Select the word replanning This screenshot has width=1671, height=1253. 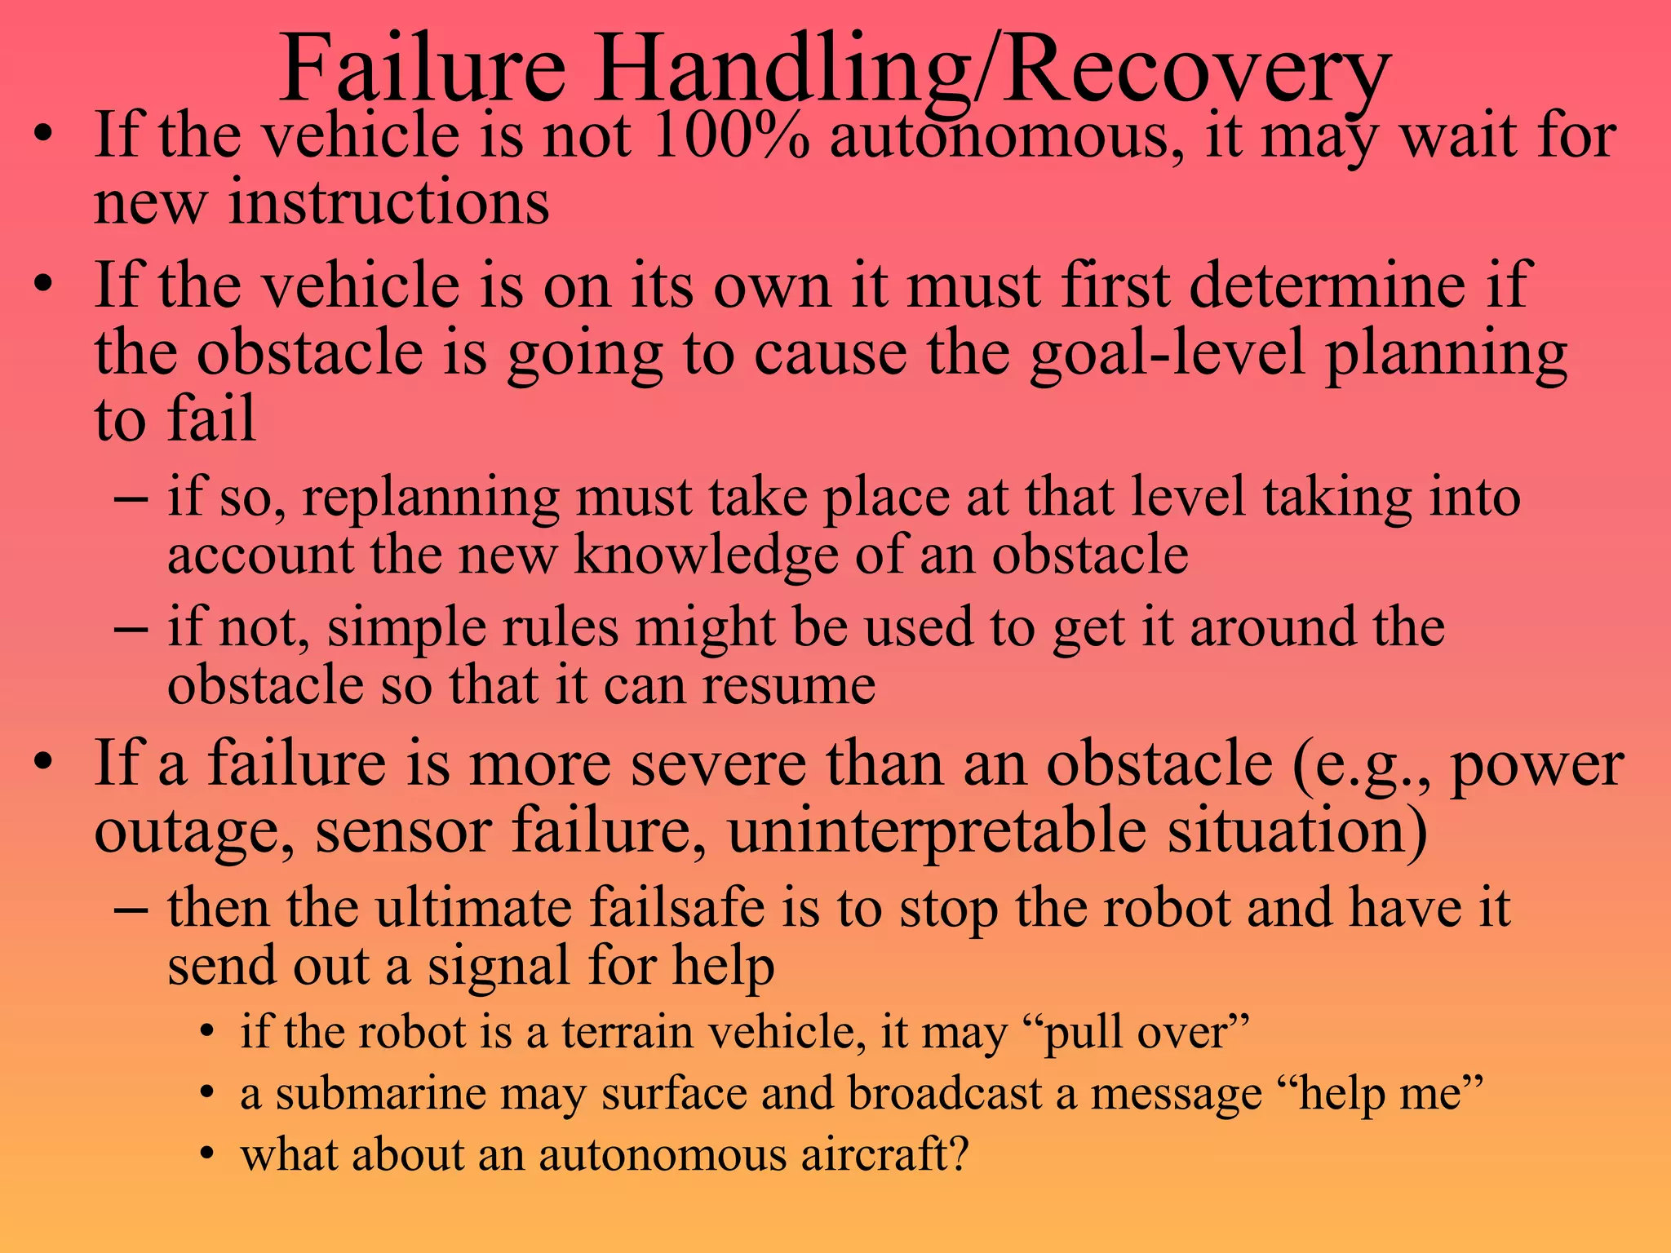point(431,497)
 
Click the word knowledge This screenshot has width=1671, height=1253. point(706,555)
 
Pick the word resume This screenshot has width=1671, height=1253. point(789,684)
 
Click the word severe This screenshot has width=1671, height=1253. point(719,764)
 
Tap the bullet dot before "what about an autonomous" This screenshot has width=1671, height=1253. point(208,1155)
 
